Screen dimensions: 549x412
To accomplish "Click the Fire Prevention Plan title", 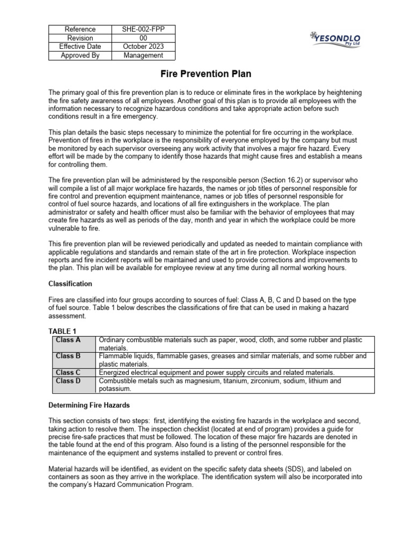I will click(x=207, y=74).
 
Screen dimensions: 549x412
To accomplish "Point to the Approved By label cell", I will click(x=80, y=55).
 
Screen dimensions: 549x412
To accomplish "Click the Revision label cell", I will click(x=80, y=38).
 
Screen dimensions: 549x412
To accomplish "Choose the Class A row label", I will click(x=68, y=340).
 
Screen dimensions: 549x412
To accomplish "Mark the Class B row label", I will click(x=68, y=356).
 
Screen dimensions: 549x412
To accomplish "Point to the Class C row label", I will click(x=68, y=373).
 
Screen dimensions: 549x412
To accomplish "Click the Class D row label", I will click(x=68, y=381).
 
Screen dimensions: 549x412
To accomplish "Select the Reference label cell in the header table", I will click(x=80, y=29).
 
